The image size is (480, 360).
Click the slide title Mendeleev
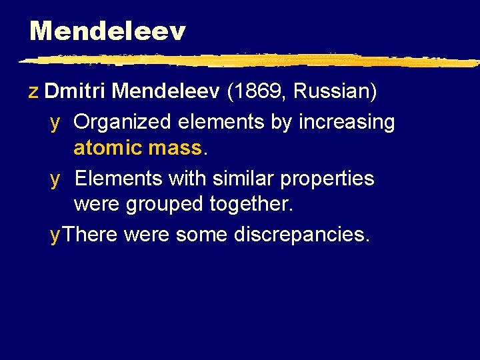coord(107,31)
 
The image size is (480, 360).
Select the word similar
coord(237,179)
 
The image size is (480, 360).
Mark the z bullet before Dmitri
coord(33,91)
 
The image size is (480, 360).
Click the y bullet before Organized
coord(55,123)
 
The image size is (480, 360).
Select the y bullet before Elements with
coord(55,179)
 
